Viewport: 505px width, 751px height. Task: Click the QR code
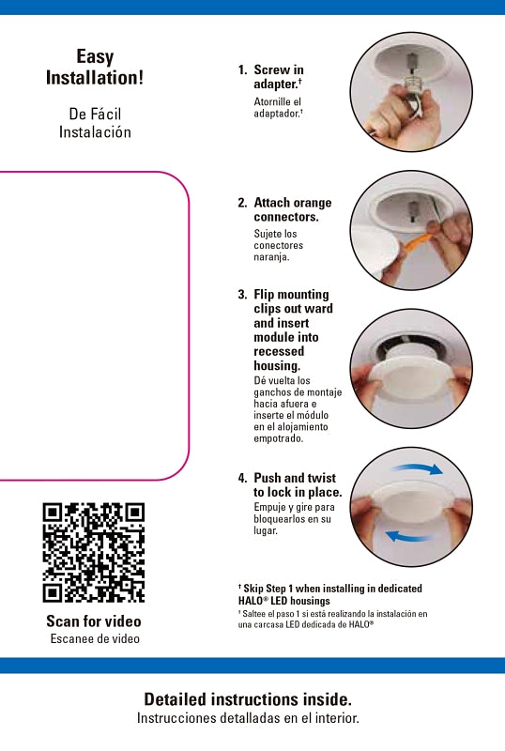point(94,552)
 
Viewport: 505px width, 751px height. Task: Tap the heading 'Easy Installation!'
point(95,67)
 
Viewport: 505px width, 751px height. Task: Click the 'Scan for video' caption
point(94,621)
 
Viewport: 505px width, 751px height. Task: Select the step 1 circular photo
point(411,92)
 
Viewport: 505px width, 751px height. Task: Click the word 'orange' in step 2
point(311,203)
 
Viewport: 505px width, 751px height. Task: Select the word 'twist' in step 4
point(322,478)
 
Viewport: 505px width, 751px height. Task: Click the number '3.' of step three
point(243,294)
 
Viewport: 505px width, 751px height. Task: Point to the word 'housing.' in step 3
point(277,366)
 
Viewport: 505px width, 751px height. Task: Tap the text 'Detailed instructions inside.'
point(248,699)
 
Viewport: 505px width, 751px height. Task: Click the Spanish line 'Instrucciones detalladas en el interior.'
point(248,718)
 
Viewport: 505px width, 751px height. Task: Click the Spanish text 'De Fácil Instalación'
point(95,123)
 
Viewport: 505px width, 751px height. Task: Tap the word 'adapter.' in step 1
point(277,84)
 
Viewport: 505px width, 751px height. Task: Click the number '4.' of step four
point(243,478)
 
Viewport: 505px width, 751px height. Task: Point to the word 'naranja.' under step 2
point(271,256)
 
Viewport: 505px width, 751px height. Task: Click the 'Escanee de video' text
point(95,638)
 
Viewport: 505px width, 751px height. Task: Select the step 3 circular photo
point(411,368)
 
